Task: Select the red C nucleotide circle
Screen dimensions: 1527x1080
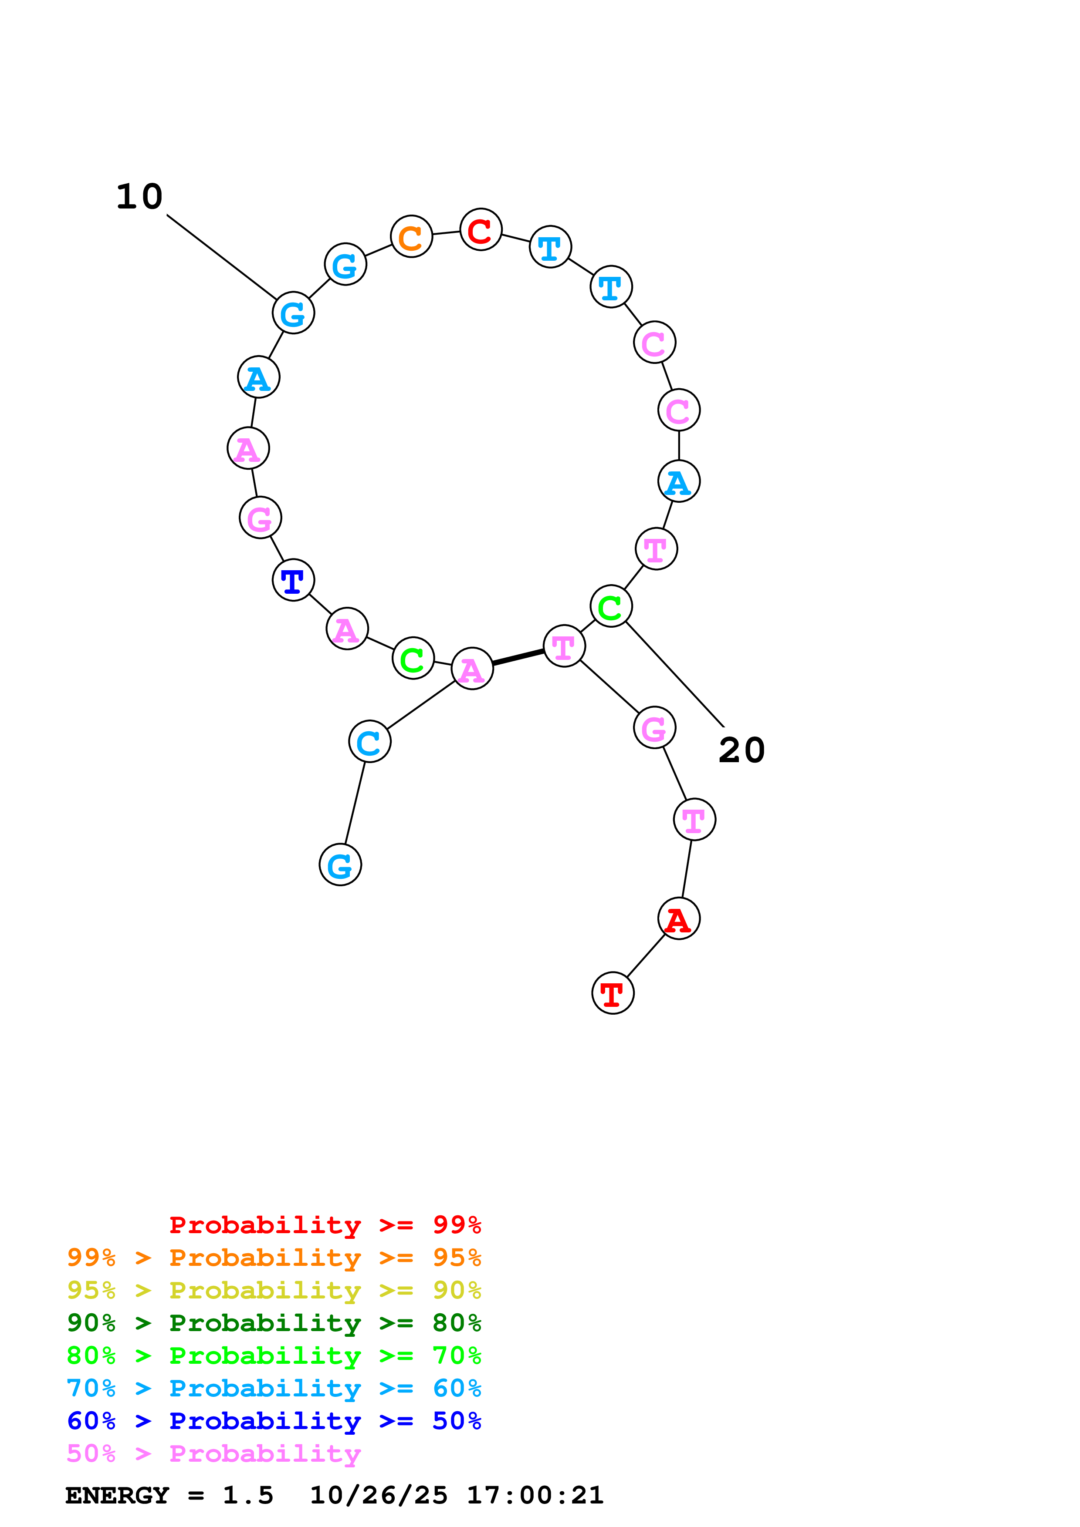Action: [x=481, y=229]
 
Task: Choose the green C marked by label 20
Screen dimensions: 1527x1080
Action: [x=611, y=606]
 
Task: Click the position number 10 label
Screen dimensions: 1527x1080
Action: [x=139, y=197]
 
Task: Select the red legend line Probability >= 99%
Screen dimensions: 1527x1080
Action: [x=325, y=1225]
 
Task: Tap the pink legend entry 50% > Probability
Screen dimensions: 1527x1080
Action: [x=213, y=1454]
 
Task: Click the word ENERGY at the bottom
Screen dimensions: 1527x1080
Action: [x=117, y=1496]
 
